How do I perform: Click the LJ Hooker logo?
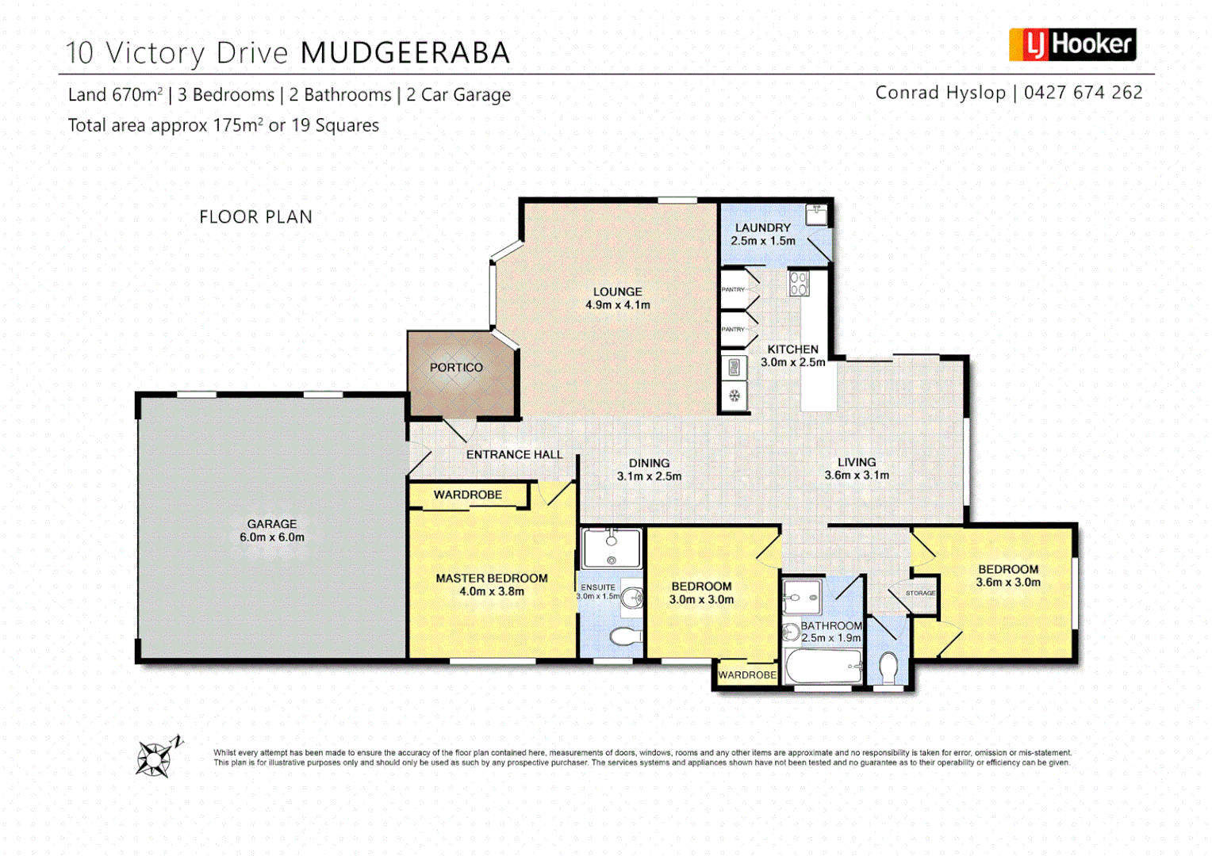click(x=1072, y=44)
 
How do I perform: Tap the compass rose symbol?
click(x=154, y=759)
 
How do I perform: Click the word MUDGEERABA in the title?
click(x=405, y=53)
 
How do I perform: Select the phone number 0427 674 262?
click(x=1083, y=93)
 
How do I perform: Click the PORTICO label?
click(x=456, y=368)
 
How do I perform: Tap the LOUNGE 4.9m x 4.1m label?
click(x=617, y=298)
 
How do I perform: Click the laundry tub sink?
click(x=816, y=214)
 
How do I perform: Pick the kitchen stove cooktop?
click(x=799, y=283)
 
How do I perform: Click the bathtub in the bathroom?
click(x=823, y=666)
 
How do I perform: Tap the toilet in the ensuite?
click(x=626, y=636)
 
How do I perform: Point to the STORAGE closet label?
click(x=920, y=593)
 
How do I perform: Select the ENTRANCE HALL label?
click(x=514, y=454)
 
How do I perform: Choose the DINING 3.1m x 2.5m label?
click(x=649, y=469)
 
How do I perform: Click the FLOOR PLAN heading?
click(x=255, y=217)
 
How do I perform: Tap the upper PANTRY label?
click(x=733, y=289)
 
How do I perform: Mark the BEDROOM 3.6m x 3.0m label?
click(x=1007, y=575)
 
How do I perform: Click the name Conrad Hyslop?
click(x=940, y=93)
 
